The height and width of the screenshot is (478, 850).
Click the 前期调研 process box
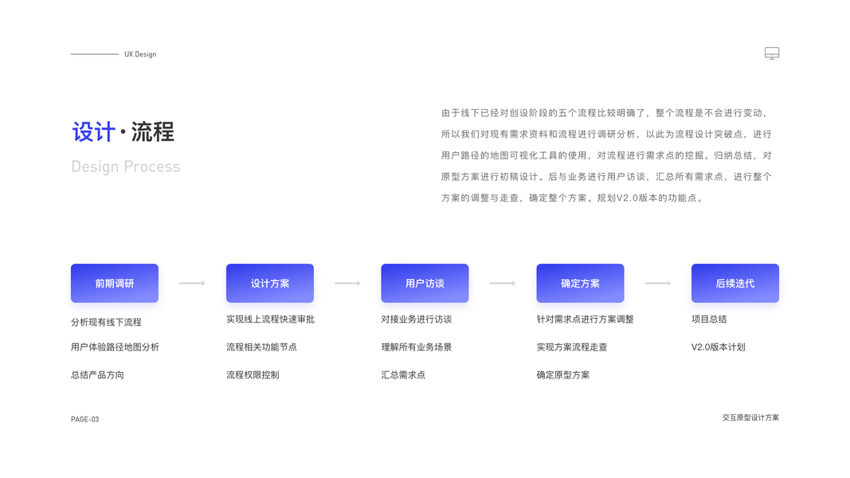[x=114, y=283]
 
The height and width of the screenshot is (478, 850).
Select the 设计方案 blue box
[x=269, y=283]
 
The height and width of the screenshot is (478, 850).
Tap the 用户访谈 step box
[x=425, y=283]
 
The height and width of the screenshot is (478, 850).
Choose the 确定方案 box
[x=580, y=283]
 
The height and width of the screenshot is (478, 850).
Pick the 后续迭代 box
[x=734, y=283]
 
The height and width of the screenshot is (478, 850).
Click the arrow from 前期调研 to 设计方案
[x=192, y=283]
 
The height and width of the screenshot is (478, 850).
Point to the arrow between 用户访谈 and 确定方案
[x=502, y=283]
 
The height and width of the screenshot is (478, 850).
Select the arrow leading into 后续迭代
[x=657, y=283]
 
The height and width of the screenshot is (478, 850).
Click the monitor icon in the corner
[x=771, y=53]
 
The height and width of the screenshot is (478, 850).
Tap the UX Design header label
[x=140, y=54]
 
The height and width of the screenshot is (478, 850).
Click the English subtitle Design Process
[x=126, y=167]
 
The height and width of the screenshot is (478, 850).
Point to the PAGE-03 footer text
[x=85, y=419]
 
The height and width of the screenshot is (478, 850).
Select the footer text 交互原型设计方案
[x=750, y=417]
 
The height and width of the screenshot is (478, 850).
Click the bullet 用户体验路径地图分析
[x=115, y=347]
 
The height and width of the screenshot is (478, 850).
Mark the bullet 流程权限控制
[x=253, y=374]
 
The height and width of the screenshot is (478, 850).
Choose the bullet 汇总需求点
[x=403, y=374]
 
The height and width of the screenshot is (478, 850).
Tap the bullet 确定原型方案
[x=563, y=374]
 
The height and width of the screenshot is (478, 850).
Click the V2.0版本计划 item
[x=718, y=347]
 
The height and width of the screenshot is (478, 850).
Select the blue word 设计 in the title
[x=93, y=132]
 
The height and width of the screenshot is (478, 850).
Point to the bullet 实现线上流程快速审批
[x=270, y=319]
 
